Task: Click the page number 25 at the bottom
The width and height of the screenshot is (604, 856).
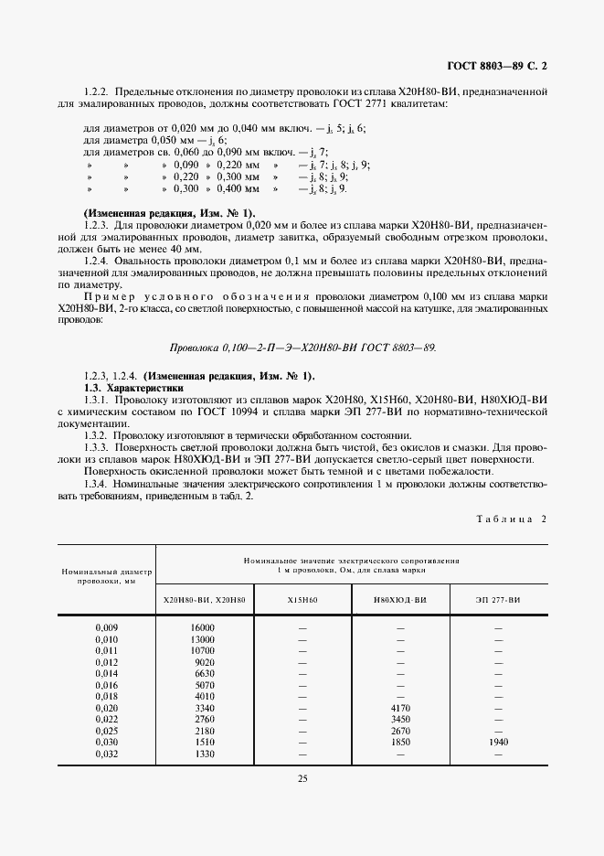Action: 301,778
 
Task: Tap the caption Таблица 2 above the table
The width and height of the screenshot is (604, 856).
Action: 511,519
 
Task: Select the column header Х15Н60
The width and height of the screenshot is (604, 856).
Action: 301,599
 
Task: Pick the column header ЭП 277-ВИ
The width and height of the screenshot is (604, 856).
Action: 497,599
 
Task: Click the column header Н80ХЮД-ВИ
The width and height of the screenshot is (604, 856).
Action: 399,599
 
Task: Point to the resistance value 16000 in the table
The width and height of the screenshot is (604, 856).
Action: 202,627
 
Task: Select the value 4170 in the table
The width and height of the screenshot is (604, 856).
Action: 399,707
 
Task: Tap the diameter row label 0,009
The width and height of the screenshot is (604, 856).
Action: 107,627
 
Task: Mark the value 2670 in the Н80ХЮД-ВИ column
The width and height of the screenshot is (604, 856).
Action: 399,730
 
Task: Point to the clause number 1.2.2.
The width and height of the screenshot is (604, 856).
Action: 96,92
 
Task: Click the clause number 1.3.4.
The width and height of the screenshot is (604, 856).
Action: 96,483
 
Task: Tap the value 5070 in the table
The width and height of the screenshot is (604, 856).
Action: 204,684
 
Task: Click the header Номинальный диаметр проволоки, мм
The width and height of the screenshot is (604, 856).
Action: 106,574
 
